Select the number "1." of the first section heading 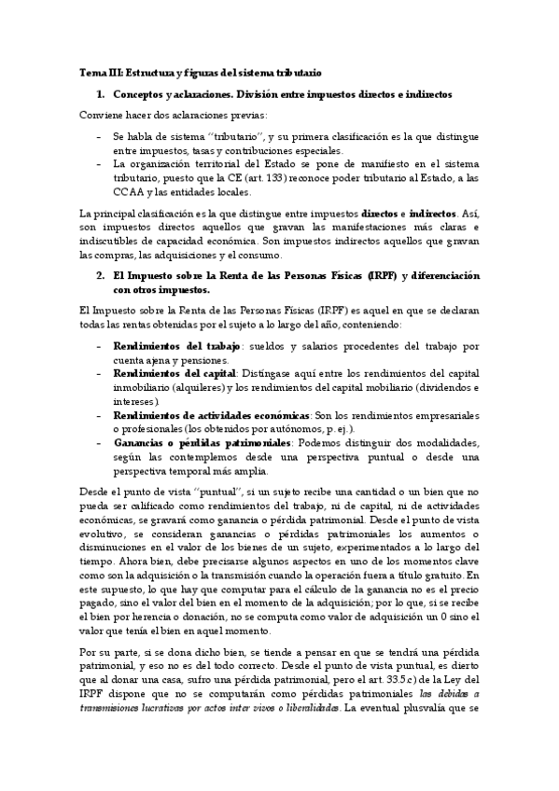tap(102, 94)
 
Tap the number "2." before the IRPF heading tap(102, 276)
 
